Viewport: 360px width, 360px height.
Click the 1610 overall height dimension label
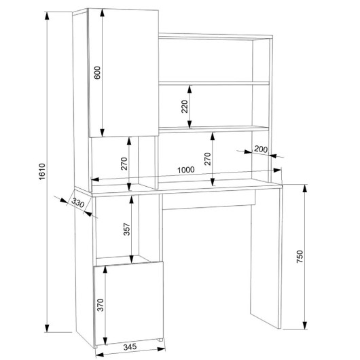click(42, 171)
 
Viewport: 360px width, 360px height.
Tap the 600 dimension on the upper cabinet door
click(97, 73)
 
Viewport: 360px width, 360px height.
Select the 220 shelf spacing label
click(185, 106)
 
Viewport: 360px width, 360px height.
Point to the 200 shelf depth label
click(261, 149)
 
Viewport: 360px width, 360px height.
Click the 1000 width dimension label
click(186, 170)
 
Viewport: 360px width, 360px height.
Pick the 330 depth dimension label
click(78, 202)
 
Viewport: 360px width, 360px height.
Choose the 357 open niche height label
click(127, 229)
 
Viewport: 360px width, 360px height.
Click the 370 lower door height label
click(101, 305)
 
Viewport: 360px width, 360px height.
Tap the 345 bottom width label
click(130, 346)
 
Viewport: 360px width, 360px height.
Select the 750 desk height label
click(300, 257)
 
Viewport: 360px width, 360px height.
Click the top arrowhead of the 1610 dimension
click(47, 16)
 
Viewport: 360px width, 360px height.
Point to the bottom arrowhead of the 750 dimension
click(305, 325)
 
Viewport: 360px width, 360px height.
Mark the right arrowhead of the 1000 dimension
click(277, 170)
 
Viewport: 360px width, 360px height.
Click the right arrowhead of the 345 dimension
click(161, 349)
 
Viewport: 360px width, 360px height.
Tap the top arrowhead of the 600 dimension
click(103, 13)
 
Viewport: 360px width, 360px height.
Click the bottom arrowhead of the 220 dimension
click(190, 124)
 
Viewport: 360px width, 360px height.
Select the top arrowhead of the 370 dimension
click(105, 270)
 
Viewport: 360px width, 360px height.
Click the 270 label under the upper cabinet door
click(124, 164)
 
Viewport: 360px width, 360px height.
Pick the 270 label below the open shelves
click(207, 159)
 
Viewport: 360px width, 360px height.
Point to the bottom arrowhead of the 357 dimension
click(132, 259)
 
